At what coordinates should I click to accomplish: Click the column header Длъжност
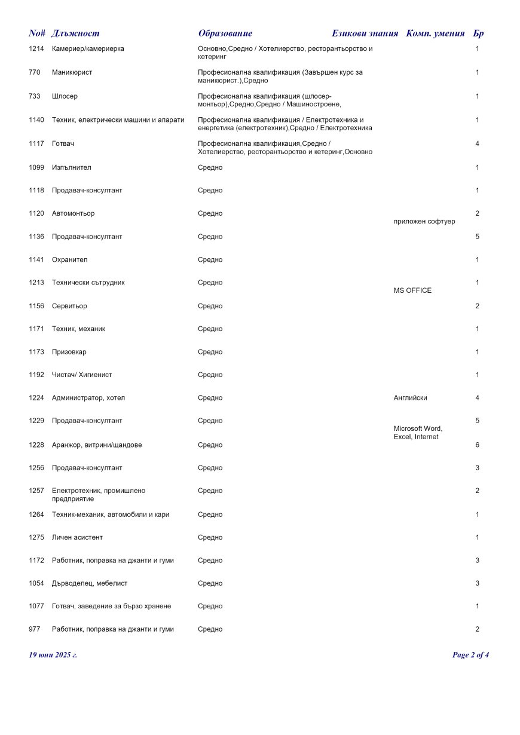76,33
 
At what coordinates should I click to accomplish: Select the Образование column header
225,33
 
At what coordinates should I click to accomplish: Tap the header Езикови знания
365,33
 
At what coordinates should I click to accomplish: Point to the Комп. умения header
435,33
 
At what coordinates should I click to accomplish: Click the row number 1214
36,48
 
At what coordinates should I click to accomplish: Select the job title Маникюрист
72,72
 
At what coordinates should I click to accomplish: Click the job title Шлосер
65,96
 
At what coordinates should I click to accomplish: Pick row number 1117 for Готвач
36,144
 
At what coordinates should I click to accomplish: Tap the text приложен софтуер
424,222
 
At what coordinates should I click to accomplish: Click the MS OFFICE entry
412,290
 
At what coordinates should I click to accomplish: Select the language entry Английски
411,398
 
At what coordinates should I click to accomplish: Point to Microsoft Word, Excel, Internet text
418,433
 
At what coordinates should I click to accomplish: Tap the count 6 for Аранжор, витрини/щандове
477,445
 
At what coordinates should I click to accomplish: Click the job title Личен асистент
77,538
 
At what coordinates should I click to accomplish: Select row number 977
34,629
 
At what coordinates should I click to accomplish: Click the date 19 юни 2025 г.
53,655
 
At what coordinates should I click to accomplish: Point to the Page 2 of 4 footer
471,655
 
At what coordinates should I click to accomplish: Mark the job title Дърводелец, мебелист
90,583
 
